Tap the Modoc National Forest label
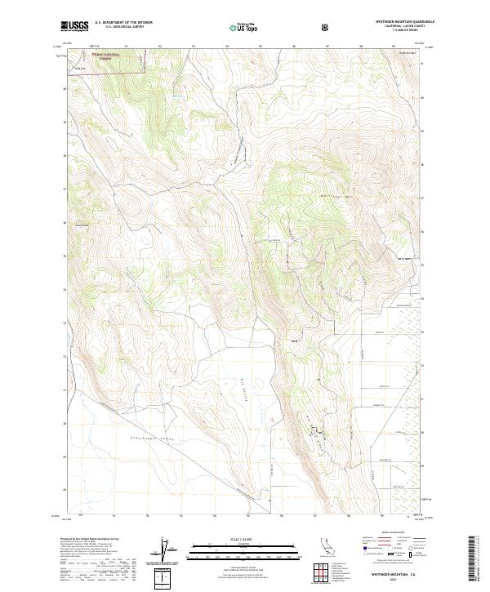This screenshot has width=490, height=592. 105,59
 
